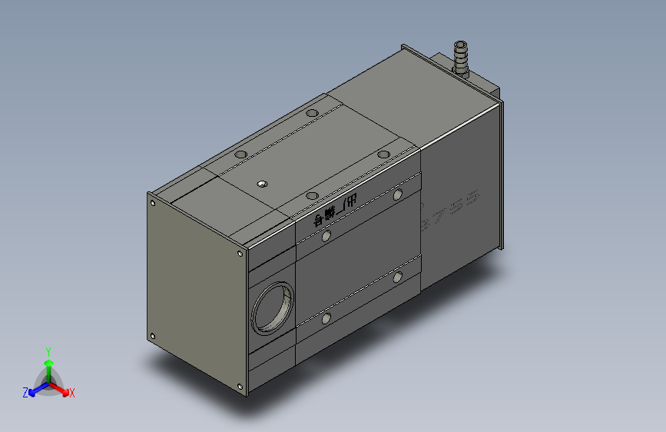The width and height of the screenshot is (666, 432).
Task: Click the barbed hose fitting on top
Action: pyautogui.click(x=462, y=58)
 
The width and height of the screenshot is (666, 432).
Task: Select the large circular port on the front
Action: pyautogui.click(x=273, y=307)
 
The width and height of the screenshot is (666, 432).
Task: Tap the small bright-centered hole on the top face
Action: pyautogui.click(x=262, y=184)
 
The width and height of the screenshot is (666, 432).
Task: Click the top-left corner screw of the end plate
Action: pyautogui.click(x=153, y=204)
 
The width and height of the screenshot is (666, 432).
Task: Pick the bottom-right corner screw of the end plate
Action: pyautogui.click(x=241, y=386)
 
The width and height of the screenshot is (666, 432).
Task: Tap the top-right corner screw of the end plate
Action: pyautogui.click(x=241, y=253)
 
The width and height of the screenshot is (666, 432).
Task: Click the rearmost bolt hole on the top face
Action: pyautogui.click(x=311, y=114)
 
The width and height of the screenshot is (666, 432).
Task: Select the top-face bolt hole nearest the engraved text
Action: pyautogui.click(x=311, y=195)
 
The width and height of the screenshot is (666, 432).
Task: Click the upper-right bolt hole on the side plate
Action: pyautogui.click(x=398, y=194)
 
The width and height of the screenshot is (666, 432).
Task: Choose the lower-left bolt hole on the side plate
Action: pyautogui.click(x=326, y=317)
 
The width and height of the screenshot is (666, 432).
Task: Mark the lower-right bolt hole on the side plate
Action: pyautogui.click(x=398, y=276)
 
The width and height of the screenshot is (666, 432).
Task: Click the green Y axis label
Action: pyautogui.click(x=48, y=351)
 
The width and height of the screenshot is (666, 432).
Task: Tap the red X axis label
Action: pyautogui.click(x=71, y=393)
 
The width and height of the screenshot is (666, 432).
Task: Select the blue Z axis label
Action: pyautogui.click(x=25, y=393)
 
